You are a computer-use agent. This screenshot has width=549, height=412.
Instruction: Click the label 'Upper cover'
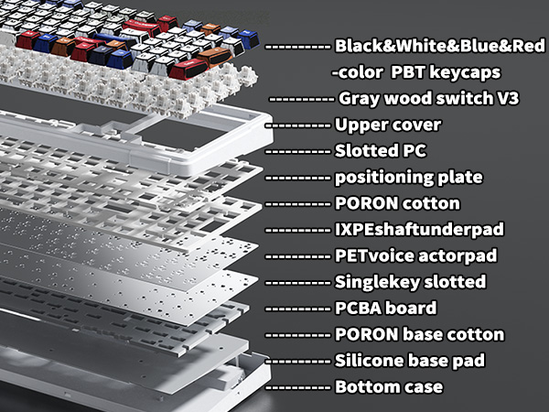click(388, 125)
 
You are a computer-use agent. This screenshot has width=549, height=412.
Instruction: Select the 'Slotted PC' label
click(381, 150)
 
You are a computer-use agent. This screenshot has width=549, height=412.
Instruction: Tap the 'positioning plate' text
click(409, 177)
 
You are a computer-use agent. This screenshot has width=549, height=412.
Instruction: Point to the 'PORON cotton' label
click(397, 203)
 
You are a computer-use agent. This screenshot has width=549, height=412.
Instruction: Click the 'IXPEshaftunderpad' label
click(416, 229)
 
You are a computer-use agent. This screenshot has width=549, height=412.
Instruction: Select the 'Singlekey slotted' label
click(410, 282)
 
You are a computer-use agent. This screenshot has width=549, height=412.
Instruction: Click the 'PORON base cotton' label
click(420, 335)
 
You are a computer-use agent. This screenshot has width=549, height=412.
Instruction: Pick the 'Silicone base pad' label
click(409, 361)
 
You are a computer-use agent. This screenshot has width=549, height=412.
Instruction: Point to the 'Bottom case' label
click(389, 387)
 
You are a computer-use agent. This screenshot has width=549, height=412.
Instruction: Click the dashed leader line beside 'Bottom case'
click(297, 387)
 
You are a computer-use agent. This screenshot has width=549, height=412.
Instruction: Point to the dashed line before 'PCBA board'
click(297, 309)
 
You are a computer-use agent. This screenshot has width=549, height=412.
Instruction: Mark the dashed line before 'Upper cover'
click(297, 125)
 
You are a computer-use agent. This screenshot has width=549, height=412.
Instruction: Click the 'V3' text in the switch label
click(508, 98)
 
